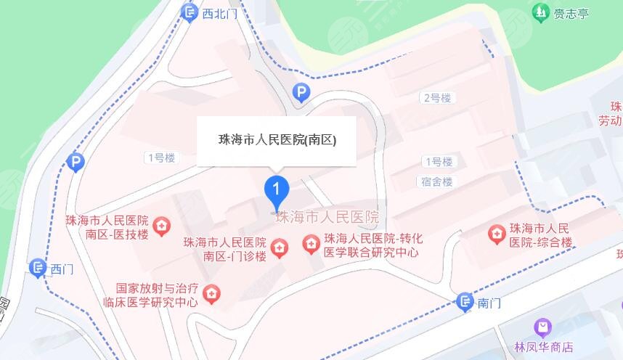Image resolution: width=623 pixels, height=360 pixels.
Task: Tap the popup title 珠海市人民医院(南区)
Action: coord(277,140)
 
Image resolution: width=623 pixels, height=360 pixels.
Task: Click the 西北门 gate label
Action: coord(220,12)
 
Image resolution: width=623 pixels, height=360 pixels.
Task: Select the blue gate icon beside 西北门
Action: coord(190,12)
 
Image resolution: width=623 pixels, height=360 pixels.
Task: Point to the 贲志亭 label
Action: coord(570,12)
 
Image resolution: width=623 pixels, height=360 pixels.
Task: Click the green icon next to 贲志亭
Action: coord(540,12)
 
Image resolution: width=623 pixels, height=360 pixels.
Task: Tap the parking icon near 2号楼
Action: coord(300,91)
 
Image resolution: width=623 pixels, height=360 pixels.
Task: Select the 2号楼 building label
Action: coord(437,97)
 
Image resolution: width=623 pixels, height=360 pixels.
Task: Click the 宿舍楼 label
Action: coord(437,181)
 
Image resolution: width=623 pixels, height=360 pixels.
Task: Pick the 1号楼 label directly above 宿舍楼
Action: coord(439,161)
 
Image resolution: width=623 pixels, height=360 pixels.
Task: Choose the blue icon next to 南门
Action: coord(465,302)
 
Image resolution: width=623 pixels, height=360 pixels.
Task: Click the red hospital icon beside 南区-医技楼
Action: coord(161,226)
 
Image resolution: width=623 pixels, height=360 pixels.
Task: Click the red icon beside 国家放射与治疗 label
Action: coord(212,294)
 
